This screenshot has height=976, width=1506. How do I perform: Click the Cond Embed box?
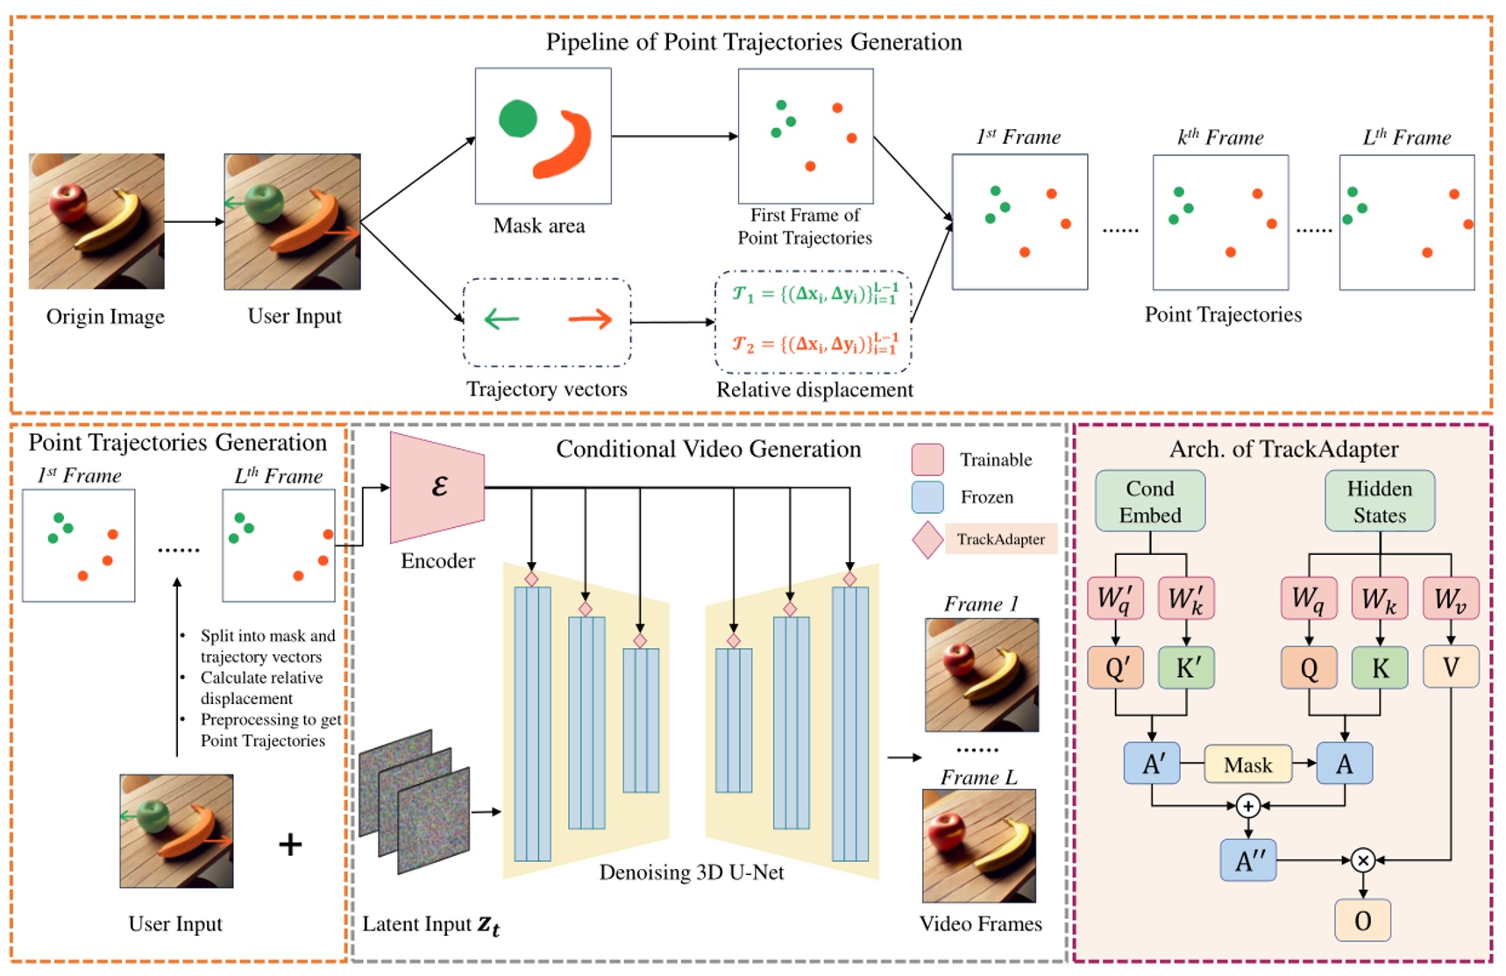1149,502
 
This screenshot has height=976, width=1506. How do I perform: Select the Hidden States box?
1379,502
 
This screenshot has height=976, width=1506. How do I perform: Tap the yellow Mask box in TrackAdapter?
1247,765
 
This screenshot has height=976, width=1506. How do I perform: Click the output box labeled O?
1362,920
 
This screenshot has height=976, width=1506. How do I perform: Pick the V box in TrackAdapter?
1450,667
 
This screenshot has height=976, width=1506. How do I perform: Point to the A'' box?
1248,860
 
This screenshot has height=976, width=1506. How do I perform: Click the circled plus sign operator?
1248,805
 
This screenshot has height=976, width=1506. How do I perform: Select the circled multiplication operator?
1362,860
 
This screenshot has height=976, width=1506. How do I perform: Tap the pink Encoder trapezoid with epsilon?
437,487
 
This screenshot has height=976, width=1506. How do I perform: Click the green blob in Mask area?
517,118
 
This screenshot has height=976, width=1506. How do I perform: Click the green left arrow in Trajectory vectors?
501,319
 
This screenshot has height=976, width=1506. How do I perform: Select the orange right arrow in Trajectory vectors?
590,319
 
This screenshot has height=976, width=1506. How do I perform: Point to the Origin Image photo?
96,221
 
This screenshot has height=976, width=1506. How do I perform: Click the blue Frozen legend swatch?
927,497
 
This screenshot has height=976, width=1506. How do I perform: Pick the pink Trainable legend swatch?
927,460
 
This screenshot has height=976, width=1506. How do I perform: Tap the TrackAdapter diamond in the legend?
927,539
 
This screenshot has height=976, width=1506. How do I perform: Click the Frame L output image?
979,845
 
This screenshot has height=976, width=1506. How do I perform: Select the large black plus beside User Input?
290,844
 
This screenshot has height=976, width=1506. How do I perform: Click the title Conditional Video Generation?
708,449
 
